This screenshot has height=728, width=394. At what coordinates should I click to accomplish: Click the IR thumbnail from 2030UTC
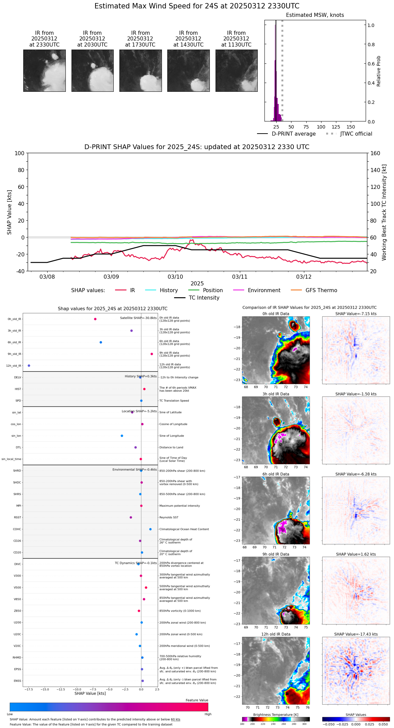point(92,71)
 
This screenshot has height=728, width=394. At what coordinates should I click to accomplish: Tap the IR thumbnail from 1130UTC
point(236,71)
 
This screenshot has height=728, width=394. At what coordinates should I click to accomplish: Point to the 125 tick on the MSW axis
point(336,127)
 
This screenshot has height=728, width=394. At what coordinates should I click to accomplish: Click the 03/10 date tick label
point(175,277)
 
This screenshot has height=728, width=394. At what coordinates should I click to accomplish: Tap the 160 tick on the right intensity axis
point(375,153)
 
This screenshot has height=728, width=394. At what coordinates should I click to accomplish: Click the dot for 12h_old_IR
point(29,366)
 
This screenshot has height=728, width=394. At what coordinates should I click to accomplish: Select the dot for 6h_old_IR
point(101,342)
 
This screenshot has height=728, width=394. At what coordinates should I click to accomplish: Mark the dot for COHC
point(150,529)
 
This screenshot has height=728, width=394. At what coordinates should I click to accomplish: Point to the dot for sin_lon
point(122,436)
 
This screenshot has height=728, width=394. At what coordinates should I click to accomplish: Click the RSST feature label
point(18,517)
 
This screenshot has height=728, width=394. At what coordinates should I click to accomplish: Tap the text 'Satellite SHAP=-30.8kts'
point(138,318)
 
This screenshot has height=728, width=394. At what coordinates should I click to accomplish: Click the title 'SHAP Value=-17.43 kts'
point(356,634)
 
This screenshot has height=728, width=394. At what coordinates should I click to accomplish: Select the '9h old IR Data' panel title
point(276,554)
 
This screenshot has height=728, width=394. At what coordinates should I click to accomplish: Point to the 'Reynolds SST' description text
point(169,517)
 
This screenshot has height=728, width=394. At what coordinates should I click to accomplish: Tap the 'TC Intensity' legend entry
point(204,298)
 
